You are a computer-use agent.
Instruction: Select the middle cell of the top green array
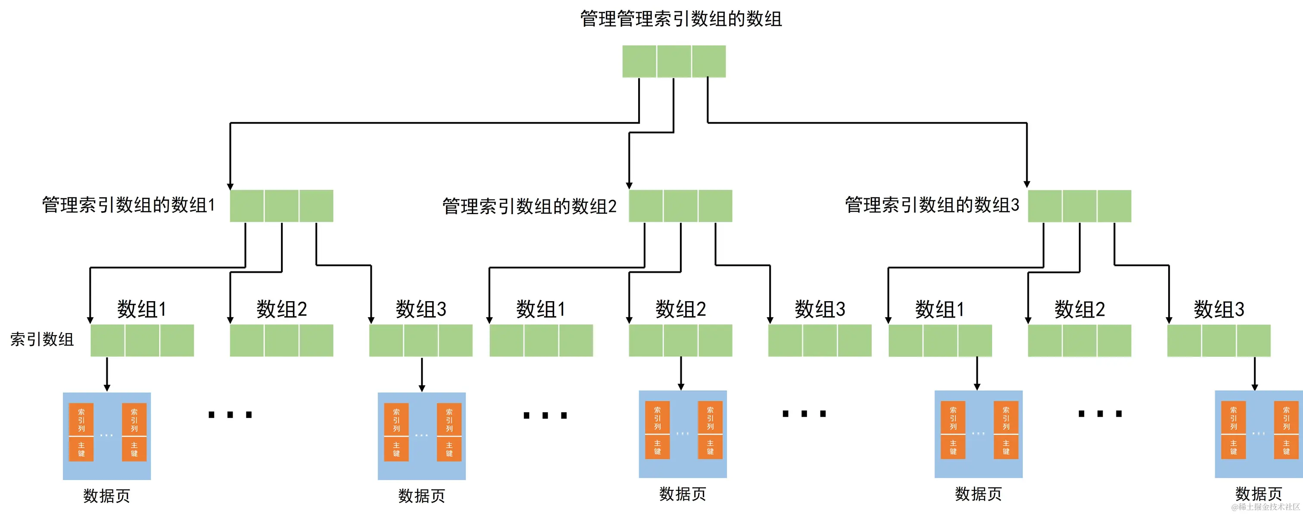(x=674, y=61)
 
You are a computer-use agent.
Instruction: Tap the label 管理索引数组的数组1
(x=128, y=205)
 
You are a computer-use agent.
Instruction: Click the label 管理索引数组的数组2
(x=529, y=206)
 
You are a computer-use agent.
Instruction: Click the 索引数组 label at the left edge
(x=42, y=339)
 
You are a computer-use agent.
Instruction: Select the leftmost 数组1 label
(x=142, y=308)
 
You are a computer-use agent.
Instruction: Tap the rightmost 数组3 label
(x=1219, y=308)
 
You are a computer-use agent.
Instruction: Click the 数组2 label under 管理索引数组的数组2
(x=680, y=308)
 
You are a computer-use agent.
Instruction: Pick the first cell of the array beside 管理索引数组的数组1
(x=247, y=206)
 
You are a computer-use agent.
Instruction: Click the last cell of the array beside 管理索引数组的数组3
(x=1114, y=206)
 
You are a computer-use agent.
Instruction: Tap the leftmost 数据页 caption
(x=106, y=496)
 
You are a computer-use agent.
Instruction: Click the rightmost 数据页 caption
(x=1259, y=494)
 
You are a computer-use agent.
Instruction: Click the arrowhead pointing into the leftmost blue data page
(x=107, y=388)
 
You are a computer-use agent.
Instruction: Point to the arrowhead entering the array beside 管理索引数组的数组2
(x=629, y=186)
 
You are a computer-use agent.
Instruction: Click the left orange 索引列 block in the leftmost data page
(x=81, y=419)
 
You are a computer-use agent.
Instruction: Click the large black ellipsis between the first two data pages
(x=230, y=415)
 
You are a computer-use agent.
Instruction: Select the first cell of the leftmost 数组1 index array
(x=107, y=340)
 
